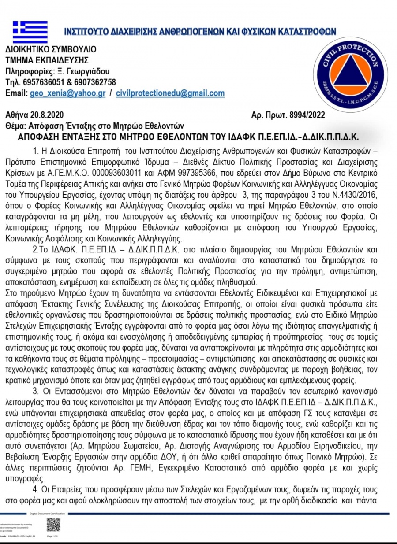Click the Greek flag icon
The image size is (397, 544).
30,32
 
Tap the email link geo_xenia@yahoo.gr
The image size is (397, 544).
67,93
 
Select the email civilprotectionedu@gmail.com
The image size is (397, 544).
170,93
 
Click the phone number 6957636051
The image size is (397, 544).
38,82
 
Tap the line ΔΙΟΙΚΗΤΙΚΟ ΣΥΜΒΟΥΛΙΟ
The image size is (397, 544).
51,49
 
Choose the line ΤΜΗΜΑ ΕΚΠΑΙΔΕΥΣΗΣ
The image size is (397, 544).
47,60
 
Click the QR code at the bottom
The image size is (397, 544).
53,524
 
